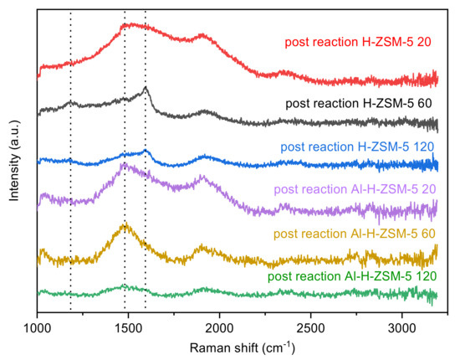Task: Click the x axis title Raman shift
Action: pyautogui.click(x=238, y=344)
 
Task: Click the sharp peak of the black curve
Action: pyautogui.click(x=146, y=87)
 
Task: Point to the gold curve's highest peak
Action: pyautogui.click(x=125, y=224)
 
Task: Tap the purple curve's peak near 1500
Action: pyautogui.click(x=124, y=165)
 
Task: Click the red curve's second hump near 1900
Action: pyautogui.click(x=201, y=37)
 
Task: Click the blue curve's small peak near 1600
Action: pyautogui.click(x=146, y=151)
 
